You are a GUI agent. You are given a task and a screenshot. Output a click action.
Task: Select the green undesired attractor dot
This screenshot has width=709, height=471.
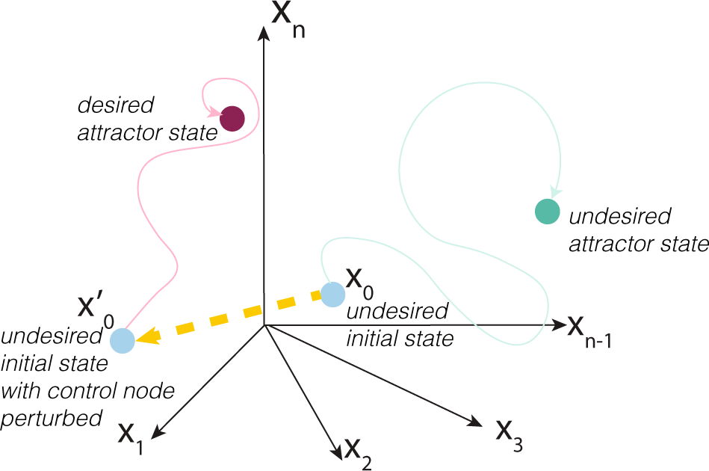548,212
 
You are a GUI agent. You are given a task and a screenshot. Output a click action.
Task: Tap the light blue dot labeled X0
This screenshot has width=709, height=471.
332,294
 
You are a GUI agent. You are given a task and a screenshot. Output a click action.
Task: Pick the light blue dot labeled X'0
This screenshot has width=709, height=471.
123,341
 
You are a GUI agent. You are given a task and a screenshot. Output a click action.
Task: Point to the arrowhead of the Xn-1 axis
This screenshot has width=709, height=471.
557,325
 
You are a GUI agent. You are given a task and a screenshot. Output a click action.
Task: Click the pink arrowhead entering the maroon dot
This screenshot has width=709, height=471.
216,113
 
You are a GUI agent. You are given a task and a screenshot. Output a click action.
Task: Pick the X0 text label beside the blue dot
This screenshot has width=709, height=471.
359,280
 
